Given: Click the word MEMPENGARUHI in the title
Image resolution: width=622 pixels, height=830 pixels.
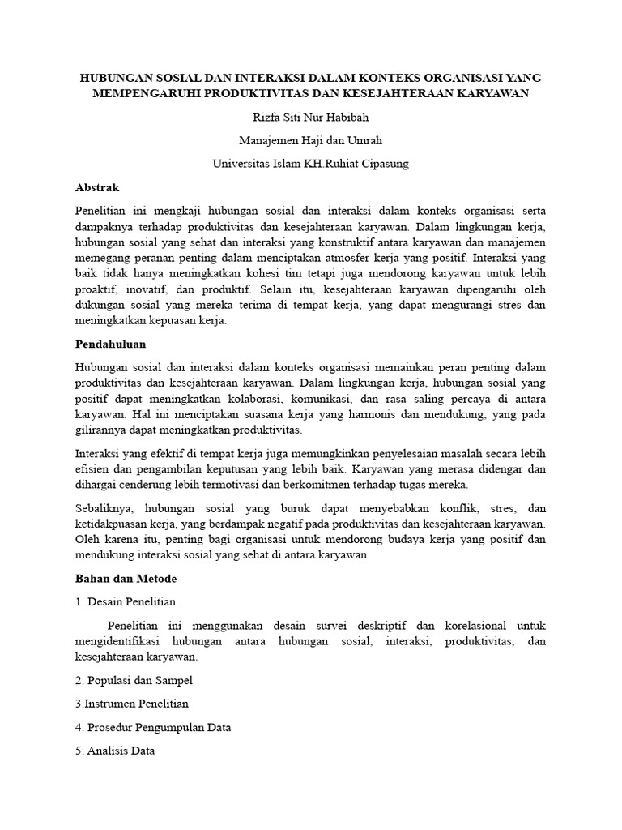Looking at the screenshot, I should tap(143, 94).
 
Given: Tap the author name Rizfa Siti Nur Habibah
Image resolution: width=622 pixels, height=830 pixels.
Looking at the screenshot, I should tap(310, 117).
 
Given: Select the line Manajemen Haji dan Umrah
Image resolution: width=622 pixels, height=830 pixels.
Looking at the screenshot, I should tap(310, 140).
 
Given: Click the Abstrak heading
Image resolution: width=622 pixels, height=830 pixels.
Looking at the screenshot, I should tap(97, 187).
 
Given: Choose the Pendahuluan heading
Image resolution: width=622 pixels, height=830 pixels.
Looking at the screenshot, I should tap(110, 344).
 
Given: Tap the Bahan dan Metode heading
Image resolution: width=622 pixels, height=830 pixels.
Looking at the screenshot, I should tap(126, 579).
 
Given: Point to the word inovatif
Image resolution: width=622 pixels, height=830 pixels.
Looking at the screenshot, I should tap(143, 289).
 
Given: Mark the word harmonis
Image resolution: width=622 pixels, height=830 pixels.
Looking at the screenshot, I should tap(372, 414).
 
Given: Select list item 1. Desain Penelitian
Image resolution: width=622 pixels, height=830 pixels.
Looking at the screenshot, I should tap(126, 602).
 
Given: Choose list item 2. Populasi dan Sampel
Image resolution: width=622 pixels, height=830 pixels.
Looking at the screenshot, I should tap(134, 680).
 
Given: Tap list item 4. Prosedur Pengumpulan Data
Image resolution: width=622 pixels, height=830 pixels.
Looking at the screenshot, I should tap(153, 727).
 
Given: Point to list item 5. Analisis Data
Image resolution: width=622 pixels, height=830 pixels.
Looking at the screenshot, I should tap(115, 751).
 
